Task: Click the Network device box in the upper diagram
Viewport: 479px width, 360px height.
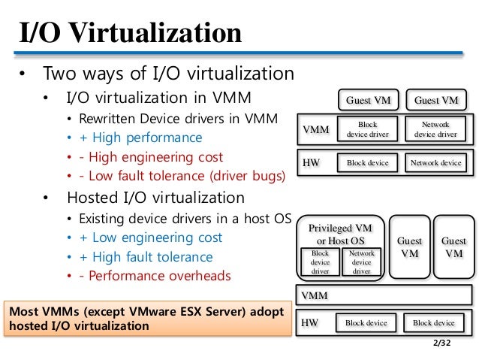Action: coord(436,162)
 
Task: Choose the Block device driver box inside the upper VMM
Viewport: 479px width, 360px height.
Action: coord(367,129)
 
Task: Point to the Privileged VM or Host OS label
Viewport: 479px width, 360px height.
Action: coord(340,234)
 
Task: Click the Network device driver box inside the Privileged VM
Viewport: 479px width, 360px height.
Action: coord(361,262)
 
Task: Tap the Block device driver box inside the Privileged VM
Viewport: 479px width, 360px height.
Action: coord(321,262)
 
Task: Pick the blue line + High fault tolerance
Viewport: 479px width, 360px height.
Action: coord(160,257)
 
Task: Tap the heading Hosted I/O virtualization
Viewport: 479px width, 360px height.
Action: coord(155,198)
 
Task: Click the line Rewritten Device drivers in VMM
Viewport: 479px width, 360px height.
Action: coord(178,118)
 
